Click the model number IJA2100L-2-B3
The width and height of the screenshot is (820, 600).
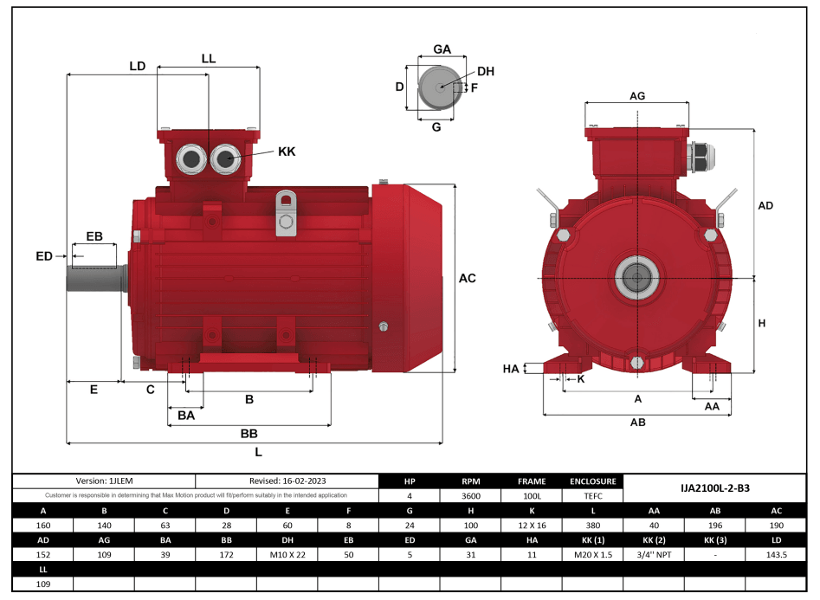[715, 488]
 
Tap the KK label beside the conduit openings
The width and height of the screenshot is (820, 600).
[287, 152]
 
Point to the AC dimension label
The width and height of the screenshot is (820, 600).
[467, 278]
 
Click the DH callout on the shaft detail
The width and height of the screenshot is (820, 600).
[485, 71]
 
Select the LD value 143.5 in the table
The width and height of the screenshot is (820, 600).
[776, 554]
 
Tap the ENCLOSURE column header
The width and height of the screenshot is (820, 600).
[593, 481]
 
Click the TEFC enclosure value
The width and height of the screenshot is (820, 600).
[593, 496]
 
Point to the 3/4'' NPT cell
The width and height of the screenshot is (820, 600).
[654, 554]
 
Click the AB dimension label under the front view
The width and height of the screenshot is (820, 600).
[638, 423]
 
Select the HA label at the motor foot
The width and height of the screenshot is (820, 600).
[511, 369]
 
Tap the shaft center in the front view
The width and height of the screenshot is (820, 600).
[637, 278]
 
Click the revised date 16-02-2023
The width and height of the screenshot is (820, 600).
[287, 481]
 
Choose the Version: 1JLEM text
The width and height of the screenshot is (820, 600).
[104, 481]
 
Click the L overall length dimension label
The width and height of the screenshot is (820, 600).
[258, 452]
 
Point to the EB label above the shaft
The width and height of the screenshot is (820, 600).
[94, 236]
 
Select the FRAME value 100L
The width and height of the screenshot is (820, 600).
[532, 496]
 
